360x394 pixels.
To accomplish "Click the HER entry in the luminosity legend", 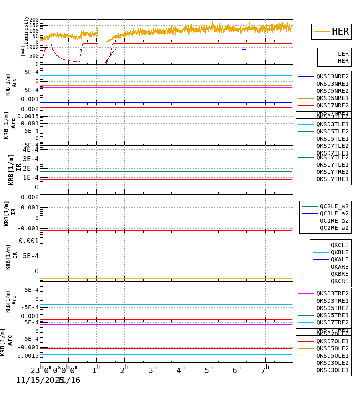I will click(x=340, y=32).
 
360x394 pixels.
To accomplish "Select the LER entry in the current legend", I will click(x=343, y=54).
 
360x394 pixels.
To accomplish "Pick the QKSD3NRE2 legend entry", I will click(x=332, y=76).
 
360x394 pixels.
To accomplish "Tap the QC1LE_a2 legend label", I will click(x=334, y=213).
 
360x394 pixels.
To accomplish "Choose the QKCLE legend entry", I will click(x=339, y=245).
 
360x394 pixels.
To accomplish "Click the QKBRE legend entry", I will click(x=339, y=274).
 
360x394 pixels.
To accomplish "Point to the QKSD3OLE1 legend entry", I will click(x=332, y=370).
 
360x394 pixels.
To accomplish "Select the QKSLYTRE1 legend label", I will click(x=332, y=179).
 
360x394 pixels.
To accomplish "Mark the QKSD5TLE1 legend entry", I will click(x=332, y=139).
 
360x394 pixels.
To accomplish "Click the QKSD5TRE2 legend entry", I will click(x=332, y=308).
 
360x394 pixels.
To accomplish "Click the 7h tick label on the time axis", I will click(x=266, y=369).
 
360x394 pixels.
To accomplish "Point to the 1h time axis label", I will click(x=96, y=369).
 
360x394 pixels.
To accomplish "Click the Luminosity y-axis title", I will click(x=26, y=30).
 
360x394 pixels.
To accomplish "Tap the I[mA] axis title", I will click(x=23, y=52).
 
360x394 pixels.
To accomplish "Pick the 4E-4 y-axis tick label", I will click(x=30, y=149).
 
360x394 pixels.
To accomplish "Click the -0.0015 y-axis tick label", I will click(x=27, y=356).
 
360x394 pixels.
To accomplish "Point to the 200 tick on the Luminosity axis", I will click(x=34, y=20).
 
